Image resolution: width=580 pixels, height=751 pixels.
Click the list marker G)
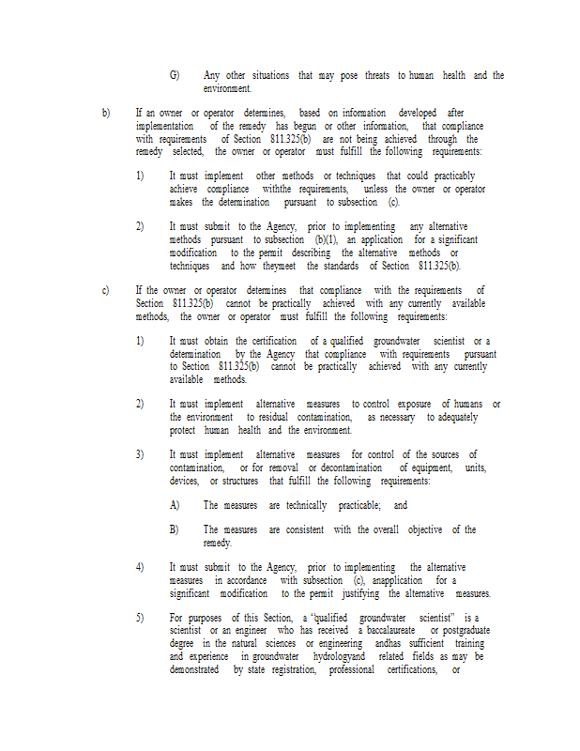tap(175, 75)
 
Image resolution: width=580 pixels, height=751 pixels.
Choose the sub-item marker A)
tap(175, 505)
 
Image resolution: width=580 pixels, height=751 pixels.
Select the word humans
tap(465, 404)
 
